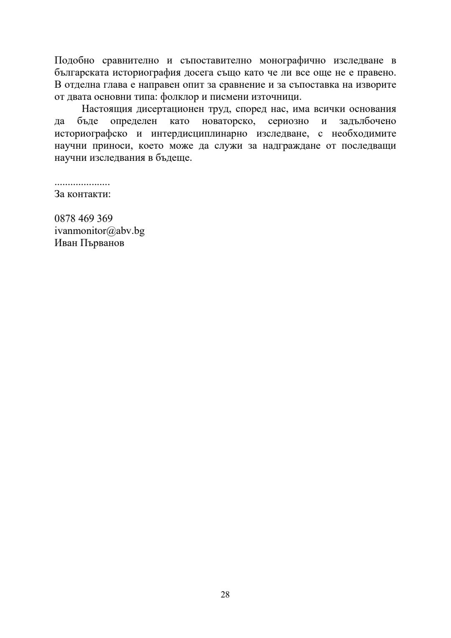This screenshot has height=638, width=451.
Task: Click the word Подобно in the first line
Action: tap(74, 61)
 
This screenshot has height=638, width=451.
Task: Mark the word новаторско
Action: tap(228, 122)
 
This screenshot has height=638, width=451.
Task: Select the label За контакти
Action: tap(83, 194)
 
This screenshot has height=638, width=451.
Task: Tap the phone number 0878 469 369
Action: tap(84, 219)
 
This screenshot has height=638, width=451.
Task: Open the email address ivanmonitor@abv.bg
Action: tap(99, 231)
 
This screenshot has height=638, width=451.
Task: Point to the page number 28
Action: tap(225, 595)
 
